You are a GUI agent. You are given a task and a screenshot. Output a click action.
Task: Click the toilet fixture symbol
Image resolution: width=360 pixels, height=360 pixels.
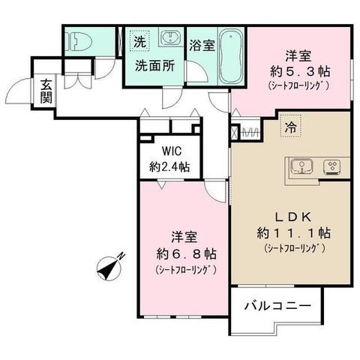click(x=79, y=41)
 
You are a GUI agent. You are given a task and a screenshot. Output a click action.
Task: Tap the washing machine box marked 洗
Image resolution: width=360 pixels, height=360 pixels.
click(x=139, y=40)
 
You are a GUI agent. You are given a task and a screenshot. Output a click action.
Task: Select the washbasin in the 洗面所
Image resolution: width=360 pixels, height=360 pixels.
click(x=171, y=37)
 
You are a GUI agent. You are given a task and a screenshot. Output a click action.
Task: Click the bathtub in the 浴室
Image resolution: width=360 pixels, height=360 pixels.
click(x=230, y=56)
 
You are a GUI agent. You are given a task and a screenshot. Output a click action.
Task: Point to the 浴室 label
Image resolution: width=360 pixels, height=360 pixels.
click(x=202, y=45)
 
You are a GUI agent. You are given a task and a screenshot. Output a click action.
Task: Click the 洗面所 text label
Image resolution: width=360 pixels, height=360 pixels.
click(x=155, y=66)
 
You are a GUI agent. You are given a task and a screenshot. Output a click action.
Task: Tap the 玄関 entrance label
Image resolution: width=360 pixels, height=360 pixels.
click(x=46, y=91)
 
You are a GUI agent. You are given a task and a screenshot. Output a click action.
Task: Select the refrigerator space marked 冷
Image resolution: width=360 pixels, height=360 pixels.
click(x=291, y=126)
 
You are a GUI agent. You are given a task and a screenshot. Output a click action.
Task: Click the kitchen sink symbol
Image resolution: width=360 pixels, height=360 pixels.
click(x=301, y=166)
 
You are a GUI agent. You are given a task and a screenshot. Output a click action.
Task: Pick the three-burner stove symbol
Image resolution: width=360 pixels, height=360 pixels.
click(x=331, y=166)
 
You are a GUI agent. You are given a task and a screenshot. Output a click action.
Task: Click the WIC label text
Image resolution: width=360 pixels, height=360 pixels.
click(x=172, y=151)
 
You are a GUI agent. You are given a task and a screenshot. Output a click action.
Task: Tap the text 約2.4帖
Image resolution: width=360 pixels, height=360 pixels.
click(x=169, y=166)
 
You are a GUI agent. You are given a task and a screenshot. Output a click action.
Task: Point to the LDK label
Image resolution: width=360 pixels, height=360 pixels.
click(x=293, y=217)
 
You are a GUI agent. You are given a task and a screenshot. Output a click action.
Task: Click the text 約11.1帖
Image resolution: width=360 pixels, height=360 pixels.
click(x=294, y=233)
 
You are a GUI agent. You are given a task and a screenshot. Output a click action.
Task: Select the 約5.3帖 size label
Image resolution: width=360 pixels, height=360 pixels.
click(x=300, y=71)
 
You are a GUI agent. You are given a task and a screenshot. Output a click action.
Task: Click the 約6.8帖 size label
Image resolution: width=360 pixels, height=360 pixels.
click(x=186, y=254)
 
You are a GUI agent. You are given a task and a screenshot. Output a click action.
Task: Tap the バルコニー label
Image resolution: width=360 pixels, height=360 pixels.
click(x=277, y=306)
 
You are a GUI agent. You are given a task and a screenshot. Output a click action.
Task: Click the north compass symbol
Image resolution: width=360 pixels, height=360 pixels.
click(x=109, y=269)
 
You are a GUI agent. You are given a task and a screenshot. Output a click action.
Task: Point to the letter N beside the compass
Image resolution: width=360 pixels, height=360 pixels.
click(x=121, y=256)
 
